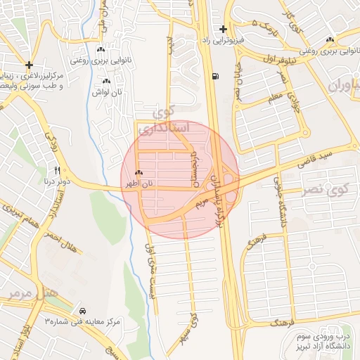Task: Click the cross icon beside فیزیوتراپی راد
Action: [223, 30]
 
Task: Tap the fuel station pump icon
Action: [214, 76]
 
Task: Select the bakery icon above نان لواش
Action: [106, 82]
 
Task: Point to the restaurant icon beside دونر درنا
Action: [58, 171]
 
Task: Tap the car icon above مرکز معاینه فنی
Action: [83, 310]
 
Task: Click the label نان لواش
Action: [110, 93]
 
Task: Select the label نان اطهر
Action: [139, 184]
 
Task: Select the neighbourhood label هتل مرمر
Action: [27, 294]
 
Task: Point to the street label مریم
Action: [201, 205]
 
